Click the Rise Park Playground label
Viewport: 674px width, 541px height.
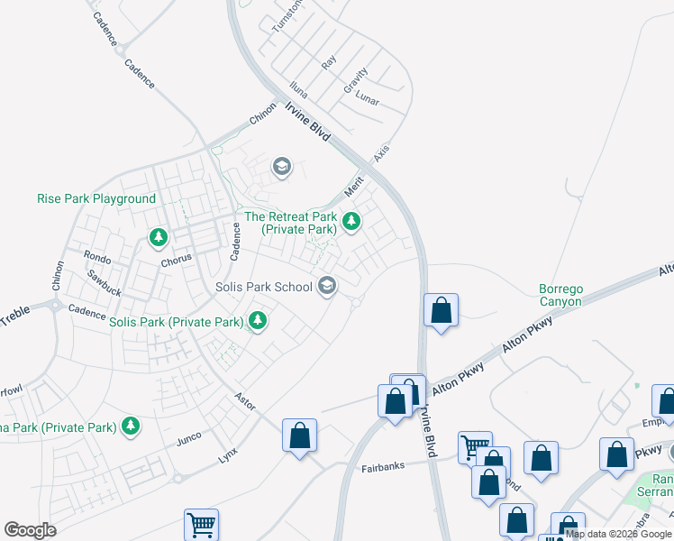[x=96, y=198]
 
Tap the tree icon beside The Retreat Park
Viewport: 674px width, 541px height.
[x=351, y=220]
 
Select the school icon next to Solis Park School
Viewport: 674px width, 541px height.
[x=327, y=287]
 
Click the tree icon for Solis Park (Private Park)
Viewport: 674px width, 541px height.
[x=258, y=319]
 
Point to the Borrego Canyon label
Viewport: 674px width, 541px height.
[x=560, y=296]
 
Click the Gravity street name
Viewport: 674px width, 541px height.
[x=356, y=80]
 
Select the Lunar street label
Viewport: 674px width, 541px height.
[x=367, y=97]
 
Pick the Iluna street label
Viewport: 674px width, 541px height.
[x=298, y=89]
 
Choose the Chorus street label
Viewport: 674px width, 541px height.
[x=177, y=261]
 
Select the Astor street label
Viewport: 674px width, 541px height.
[x=245, y=400]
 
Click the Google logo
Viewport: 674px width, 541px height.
[x=30, y=530]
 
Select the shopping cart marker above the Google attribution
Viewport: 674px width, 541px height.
[x=201, y=524]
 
